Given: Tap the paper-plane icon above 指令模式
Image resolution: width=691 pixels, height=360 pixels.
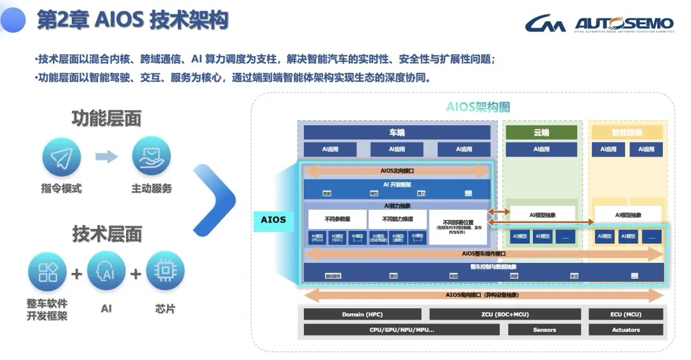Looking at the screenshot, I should tap(61, 157).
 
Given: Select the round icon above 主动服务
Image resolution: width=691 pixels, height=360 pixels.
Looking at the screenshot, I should tap(151, 157).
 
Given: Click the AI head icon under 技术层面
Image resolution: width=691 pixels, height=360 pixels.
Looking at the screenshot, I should tap(106, 272).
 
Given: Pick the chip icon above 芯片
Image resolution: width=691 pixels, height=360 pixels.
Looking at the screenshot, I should tap(165, 272).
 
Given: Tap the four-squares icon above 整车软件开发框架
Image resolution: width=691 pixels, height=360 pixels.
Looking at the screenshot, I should tap(47, 272).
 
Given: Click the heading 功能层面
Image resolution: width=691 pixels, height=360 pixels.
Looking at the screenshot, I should tap(106, 118).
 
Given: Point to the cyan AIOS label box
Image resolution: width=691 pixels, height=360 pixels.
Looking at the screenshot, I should tap(273, 220).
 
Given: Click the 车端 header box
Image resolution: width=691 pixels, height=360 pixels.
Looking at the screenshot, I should tap(397, 132).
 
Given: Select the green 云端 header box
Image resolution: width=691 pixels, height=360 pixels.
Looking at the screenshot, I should tap(541, 132).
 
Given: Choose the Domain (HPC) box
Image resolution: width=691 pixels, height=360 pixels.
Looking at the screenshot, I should tap(362, 314).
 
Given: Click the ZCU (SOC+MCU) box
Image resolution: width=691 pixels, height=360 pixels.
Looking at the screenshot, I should tap(505, 314).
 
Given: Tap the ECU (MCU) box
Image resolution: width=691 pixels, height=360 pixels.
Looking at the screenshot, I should tap(625, 314).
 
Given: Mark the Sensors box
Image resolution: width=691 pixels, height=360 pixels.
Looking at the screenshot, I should tap(544, 330).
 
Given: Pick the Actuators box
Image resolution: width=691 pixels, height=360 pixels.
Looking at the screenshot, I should tap(625, 330).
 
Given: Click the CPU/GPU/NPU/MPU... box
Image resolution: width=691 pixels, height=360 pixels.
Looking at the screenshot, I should tap(402, 330).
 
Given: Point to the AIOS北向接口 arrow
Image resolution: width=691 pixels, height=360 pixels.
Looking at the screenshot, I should tap(397, 171).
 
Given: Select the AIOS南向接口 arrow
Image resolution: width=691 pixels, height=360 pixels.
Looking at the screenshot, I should tap(482, 295).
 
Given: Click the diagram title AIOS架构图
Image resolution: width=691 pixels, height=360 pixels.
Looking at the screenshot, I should tap(478, 107).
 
